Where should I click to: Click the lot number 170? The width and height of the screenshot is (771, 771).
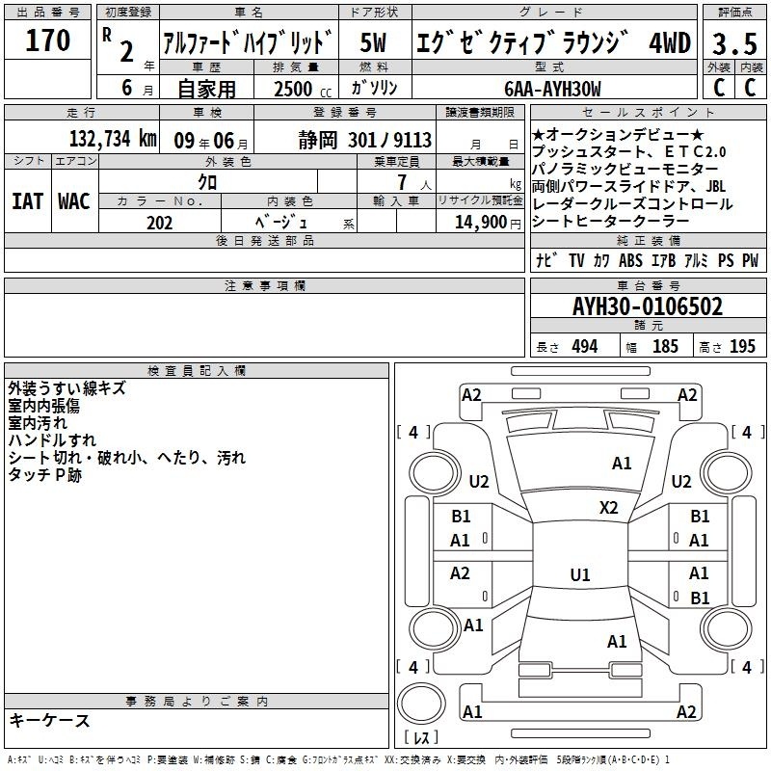pyautogui.click(x=47, y=40)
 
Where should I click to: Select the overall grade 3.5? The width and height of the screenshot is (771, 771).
pyautogui.click(x=734, y=43)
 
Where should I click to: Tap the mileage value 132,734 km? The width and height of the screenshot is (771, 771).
pyautogui.click(x=113, y=139)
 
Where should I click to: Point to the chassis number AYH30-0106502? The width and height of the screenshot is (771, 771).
pyautogui.click(x=648, y=306)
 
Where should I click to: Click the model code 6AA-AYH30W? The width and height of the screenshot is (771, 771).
pyautogui.click(x=552, y=89)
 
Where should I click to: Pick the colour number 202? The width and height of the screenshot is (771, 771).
pyautogui.click(x=159, y=223)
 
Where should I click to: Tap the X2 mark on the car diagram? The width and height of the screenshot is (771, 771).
pyautogui.click(x=608, y=507)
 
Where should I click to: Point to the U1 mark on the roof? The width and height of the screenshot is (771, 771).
pyautogui.click(x=580, y=574)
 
